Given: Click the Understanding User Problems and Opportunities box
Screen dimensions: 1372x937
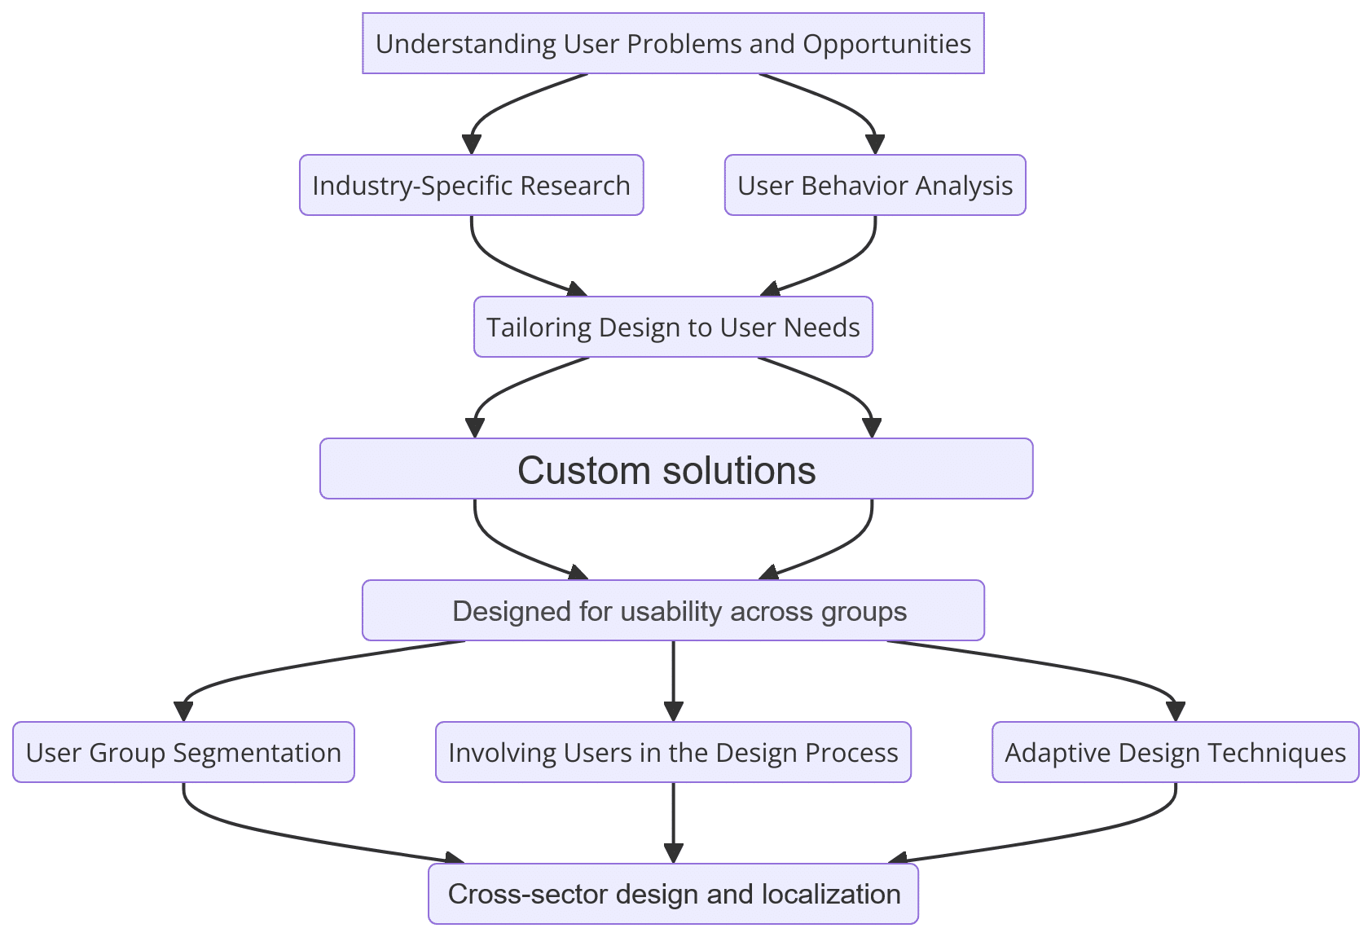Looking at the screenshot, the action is (x=673, y=43).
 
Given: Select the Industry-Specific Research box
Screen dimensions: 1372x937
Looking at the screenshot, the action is (x=471, y=185).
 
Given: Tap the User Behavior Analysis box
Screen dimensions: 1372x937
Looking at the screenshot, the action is (x=875, y=185).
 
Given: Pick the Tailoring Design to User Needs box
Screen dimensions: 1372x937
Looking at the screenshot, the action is (x=673, y=327).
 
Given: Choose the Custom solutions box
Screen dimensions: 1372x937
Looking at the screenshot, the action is (x=676, y=468).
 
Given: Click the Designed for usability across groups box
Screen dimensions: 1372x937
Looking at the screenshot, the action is (x=673, y=610).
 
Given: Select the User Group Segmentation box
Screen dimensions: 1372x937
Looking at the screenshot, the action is (x=184, y=752).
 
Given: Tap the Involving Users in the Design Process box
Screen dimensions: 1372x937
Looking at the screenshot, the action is (x=673, y=752).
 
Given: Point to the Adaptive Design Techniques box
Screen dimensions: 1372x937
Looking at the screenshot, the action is (x=1176, y=752).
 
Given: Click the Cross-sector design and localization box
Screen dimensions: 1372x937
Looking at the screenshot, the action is (x=673, y=894).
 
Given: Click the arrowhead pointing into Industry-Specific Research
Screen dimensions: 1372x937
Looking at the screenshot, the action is (x=471, y=144).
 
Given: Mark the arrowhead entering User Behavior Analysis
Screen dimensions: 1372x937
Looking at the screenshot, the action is (x=875, y=144).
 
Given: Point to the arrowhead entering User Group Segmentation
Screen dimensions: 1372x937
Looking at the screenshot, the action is (x=184, y=711).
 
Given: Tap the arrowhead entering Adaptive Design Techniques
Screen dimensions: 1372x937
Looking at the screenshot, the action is (x=1176, y=711).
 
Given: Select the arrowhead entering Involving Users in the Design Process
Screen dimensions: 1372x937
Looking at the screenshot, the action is (x=673, y=711).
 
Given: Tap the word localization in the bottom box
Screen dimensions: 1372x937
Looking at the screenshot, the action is (x=831, y=894).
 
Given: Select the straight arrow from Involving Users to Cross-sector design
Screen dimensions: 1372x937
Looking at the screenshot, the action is (x=673, y=823).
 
